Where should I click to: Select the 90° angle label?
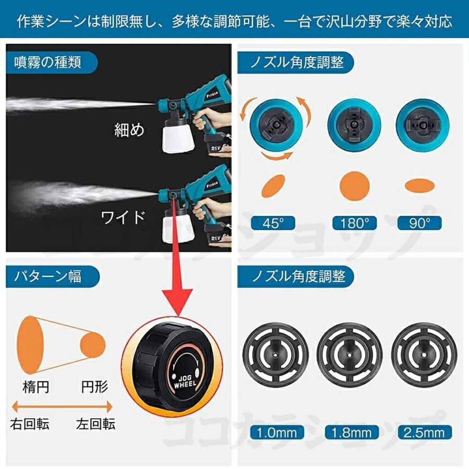pos(419,223)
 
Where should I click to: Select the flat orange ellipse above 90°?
pos(419,184)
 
